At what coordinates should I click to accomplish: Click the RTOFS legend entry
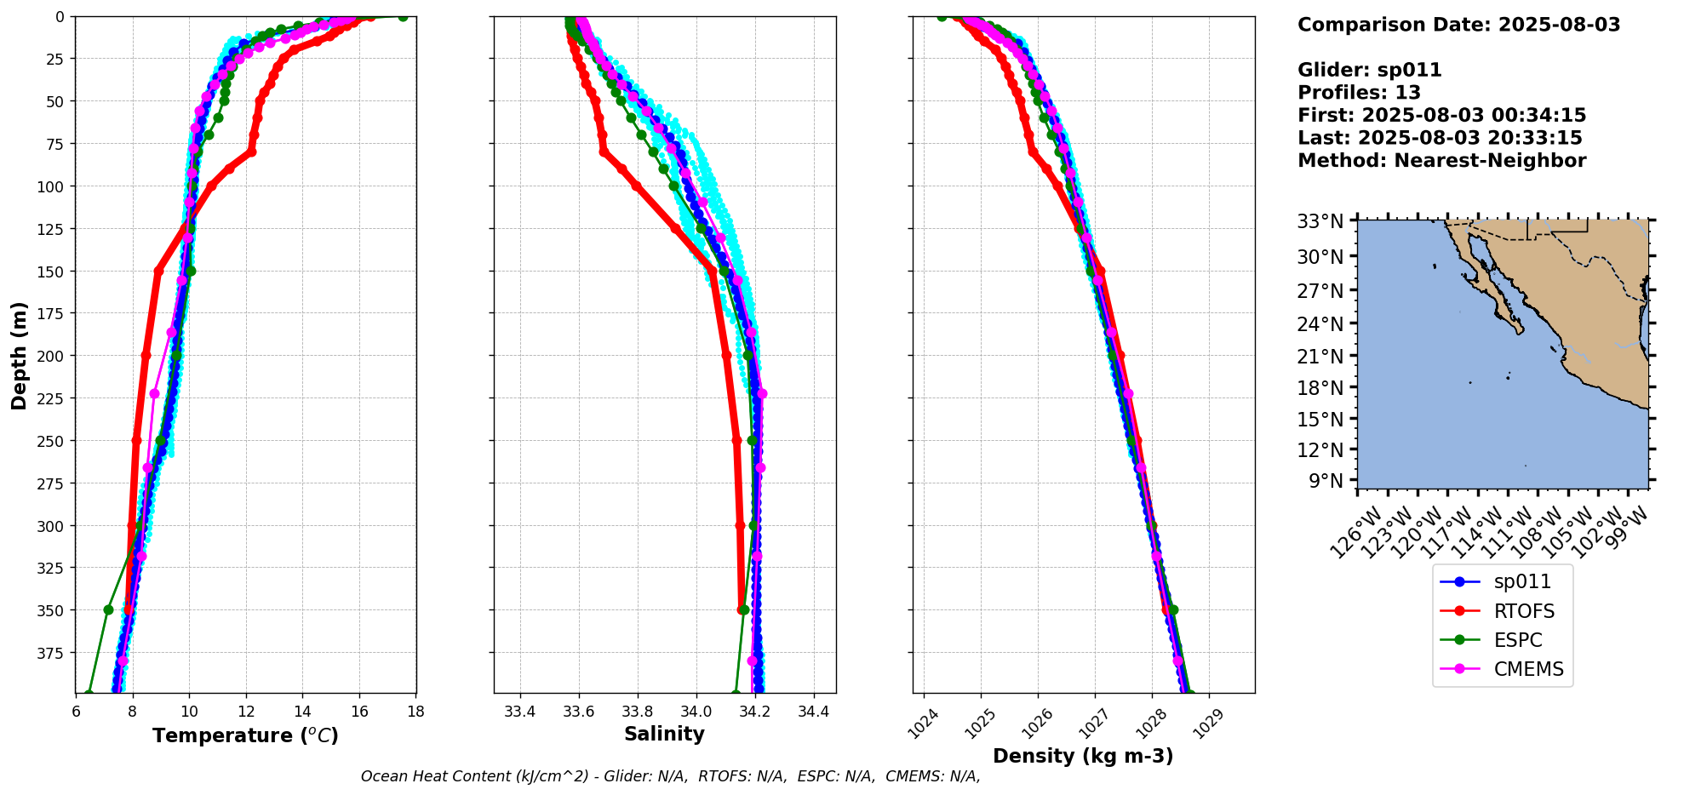tap(1523, 611)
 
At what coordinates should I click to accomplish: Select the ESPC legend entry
tap(1517, 640)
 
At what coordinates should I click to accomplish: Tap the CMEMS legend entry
tap(1528, 669)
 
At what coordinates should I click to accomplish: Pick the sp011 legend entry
tap(1522, 582)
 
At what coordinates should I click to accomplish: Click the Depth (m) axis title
tap(19, 355)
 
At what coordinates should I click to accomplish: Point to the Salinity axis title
tap(664, 735)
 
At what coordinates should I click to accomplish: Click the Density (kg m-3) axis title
tap(1083, 756)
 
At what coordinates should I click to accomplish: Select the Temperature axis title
tap(245, 735)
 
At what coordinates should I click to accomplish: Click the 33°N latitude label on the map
tap(1320, 222)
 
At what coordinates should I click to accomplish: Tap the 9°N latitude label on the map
tap(1325, 481)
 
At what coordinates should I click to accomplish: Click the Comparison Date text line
tap(1458, 25)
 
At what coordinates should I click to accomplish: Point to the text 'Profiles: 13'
tap(1359, 93)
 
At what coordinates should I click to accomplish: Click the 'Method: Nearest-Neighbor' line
tap(1441, 161)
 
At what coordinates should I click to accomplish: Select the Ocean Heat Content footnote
tap(670, 776)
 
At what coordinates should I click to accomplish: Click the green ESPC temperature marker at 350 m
tap(108, 610)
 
